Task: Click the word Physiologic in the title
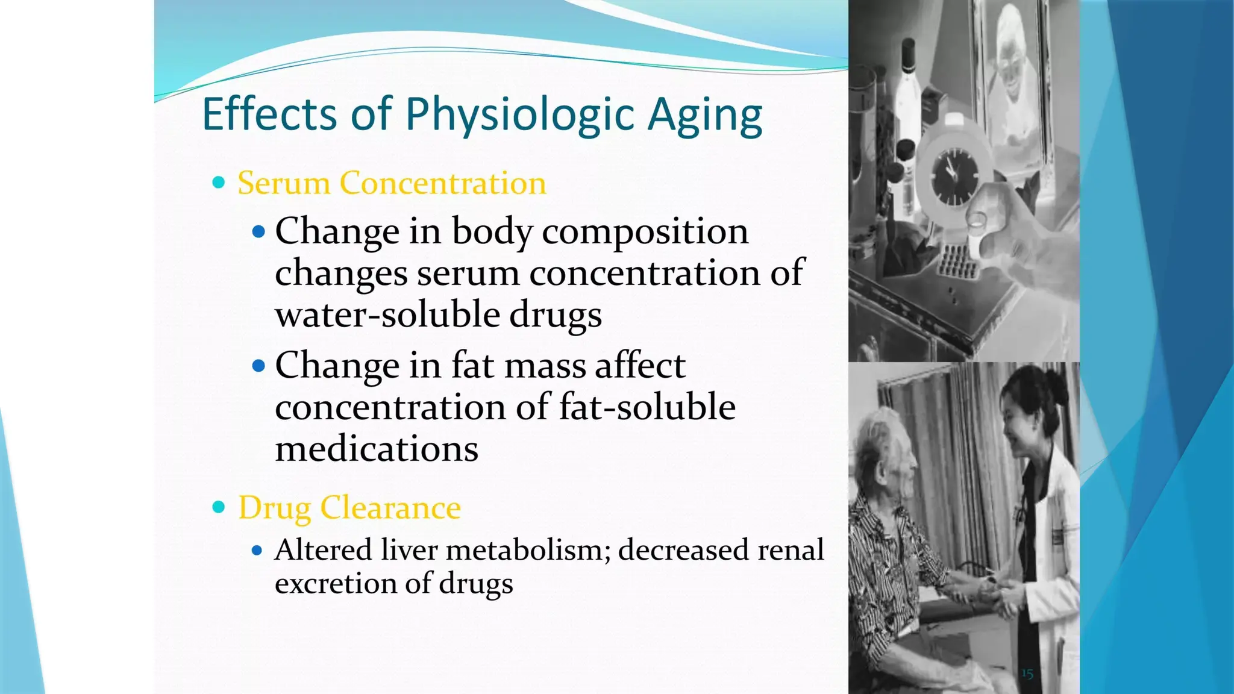[519, 114]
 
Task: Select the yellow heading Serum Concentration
[392, 183]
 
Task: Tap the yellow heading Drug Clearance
[349, 507]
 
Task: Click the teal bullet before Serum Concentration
[219, 183]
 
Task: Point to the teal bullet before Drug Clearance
[219, 507]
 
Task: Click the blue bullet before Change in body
[258, 231]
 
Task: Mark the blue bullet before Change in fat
[258, 366]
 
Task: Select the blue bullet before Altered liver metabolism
[257, 550]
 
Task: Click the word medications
[377, 449]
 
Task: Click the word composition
[645, 231]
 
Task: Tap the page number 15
[1027, 674]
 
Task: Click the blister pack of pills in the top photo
[958, 261]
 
